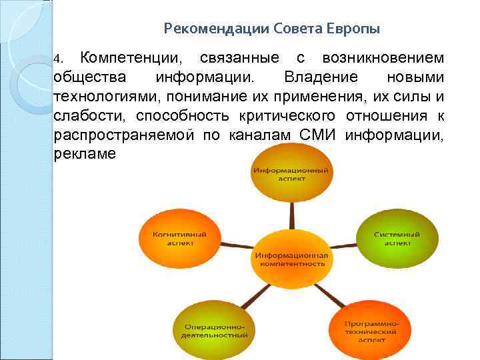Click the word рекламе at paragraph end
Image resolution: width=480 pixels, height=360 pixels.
click(x=83, y=154)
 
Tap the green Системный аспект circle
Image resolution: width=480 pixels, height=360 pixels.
click(x=397, y=239)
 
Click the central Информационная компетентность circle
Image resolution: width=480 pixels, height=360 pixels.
click(x=290, y=259)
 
